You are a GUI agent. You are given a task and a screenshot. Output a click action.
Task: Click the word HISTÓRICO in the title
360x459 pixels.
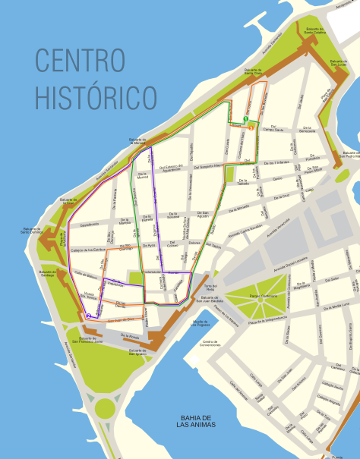tap(96, 96)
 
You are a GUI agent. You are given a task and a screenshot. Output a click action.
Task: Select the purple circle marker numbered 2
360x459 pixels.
tap(89, 316)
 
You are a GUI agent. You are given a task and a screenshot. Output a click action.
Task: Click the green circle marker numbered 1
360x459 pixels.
tap(246, 118)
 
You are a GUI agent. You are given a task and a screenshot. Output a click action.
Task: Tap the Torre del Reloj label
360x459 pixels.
tap(210, 288)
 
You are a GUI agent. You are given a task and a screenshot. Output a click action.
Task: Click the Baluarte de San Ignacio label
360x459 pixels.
tap(137, 351)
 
